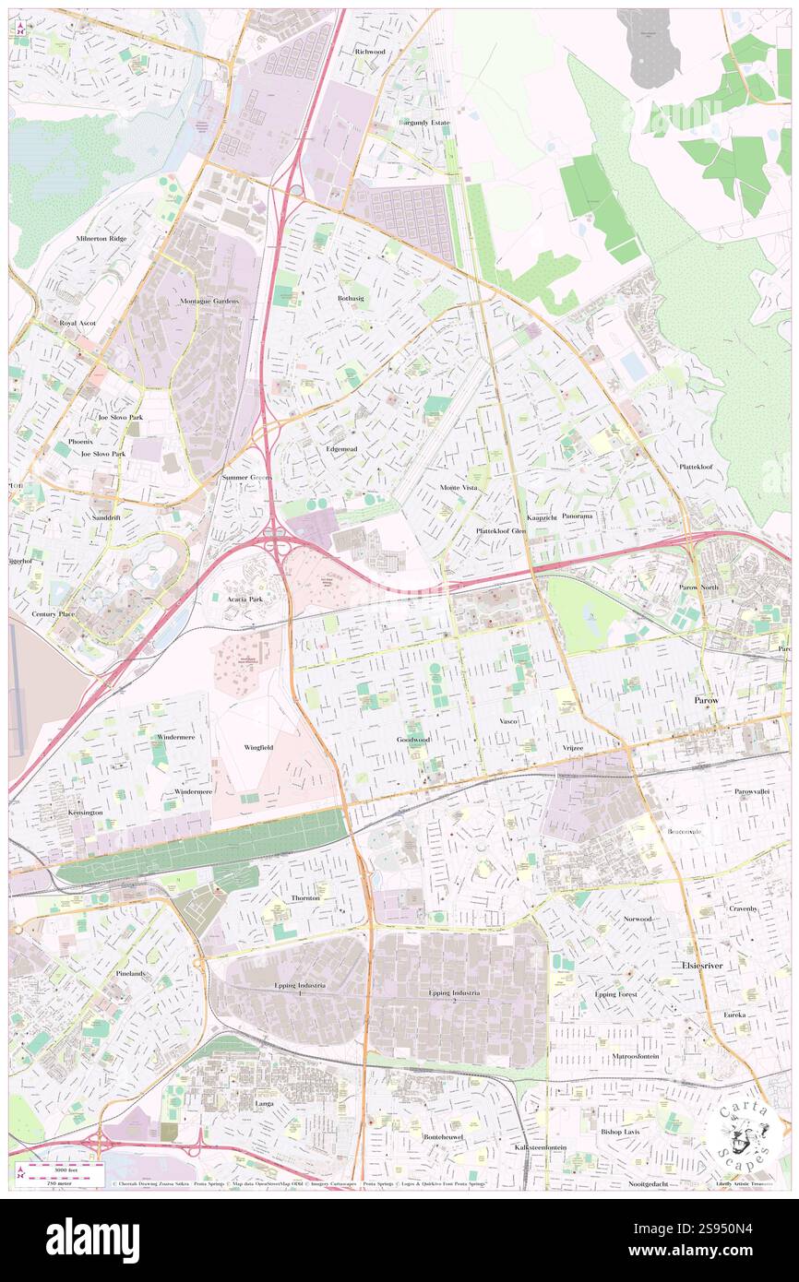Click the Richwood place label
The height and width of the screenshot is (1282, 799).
pyautogui.click(x=369, y=52)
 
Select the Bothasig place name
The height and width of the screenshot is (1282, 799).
pyautogui.click(x=352, y=299)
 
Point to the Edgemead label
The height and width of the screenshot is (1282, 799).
pyautogui.click(x=341, y=449)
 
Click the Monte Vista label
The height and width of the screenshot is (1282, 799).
pyautogui.click(x=459, y=486)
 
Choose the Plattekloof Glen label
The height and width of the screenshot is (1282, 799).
pyautogui.click(x=501, y=531)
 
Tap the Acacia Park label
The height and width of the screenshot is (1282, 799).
pyautogui.click(x=246, y=599)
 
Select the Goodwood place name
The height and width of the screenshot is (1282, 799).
pyautogui.click(x=413, y=740)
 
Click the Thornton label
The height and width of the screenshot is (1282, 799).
pyautogui.click(x=305, y=897)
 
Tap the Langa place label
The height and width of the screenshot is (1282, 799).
pyautogui.click(x=265, y=1102)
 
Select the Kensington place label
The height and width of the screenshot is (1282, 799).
pyautogui.click(x=86, y=813)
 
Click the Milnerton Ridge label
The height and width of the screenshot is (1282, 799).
pyautogui.click(x=101, y=238)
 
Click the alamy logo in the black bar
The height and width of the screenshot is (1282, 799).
pyautogui.click(x=93, y=1240)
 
